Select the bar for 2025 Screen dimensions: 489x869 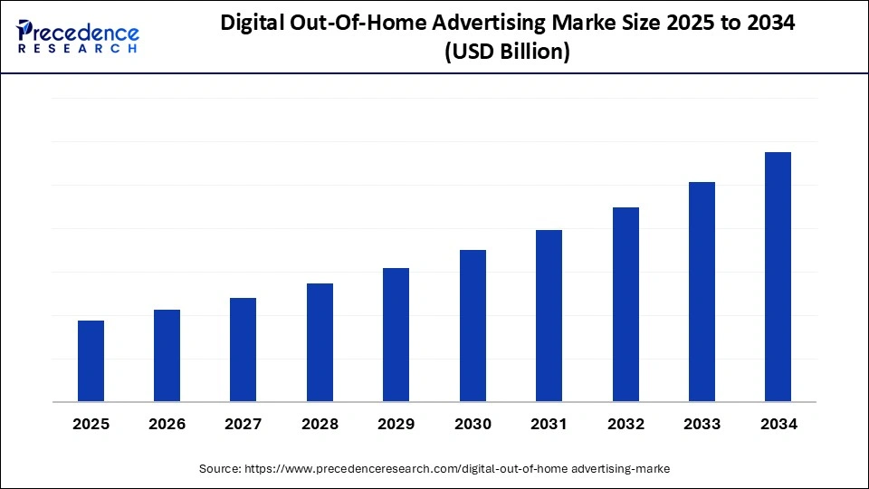tap(91, 360)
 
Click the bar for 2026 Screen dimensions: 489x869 tap(167, 355)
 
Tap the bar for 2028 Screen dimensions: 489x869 tap(320, 342)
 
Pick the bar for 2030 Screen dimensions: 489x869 tap(473, 325)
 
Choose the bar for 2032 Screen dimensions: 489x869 tap(625, 304)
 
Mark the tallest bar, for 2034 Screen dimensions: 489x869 tap(778, 276)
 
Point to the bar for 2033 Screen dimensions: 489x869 tap(702, 292)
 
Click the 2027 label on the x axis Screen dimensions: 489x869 tap(244, 424)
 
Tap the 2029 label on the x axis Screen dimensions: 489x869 tap(396, 424)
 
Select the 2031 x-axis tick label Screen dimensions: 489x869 tap(549, 424)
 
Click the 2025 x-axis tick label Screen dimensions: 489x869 tap(91, 424)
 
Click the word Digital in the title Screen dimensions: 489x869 tap(254, 24)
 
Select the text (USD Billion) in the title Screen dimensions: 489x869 tap(507, 53)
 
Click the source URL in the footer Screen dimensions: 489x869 tap(458, 468)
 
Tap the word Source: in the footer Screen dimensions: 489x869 tap(221, 468)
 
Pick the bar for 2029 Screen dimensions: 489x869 tap(396, 334)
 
